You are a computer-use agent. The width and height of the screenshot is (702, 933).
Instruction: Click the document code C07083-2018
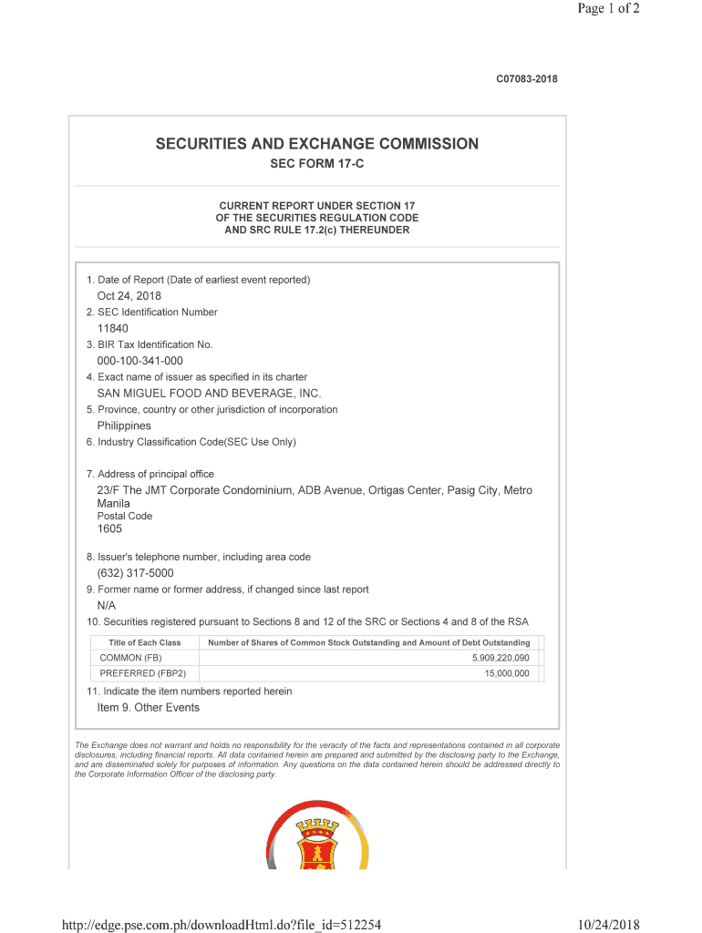[526, 79]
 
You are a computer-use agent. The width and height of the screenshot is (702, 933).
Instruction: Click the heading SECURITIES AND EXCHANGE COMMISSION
[316, 144]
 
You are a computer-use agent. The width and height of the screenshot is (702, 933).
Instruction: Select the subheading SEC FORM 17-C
[316, 164]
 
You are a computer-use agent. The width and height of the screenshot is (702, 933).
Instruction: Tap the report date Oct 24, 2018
[129, 296]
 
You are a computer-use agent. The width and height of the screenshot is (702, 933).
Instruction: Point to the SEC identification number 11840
[113, 328]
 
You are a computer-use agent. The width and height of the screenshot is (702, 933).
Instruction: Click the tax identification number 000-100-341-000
[139, 361]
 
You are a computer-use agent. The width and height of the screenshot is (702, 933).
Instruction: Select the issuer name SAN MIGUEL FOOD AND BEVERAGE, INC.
[209, 394]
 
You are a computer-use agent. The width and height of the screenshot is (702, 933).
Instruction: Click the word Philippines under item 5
[124, 425]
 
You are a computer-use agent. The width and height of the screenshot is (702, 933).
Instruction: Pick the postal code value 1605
[109, 528]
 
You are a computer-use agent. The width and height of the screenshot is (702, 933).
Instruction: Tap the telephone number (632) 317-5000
[135, 573]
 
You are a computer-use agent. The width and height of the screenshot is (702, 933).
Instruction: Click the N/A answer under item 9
[107, 606]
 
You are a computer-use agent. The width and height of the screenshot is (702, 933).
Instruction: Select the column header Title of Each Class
[144, 642]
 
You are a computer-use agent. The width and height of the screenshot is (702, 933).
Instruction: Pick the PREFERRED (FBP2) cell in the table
[142, 673]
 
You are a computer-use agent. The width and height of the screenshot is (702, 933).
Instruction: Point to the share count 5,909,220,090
[500, 658]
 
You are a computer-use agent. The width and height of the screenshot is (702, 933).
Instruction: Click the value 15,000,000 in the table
[506, 673]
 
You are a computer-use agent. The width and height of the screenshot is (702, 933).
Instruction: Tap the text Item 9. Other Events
[148, 708]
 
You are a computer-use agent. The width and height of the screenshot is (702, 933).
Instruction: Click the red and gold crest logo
[317, 836]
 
